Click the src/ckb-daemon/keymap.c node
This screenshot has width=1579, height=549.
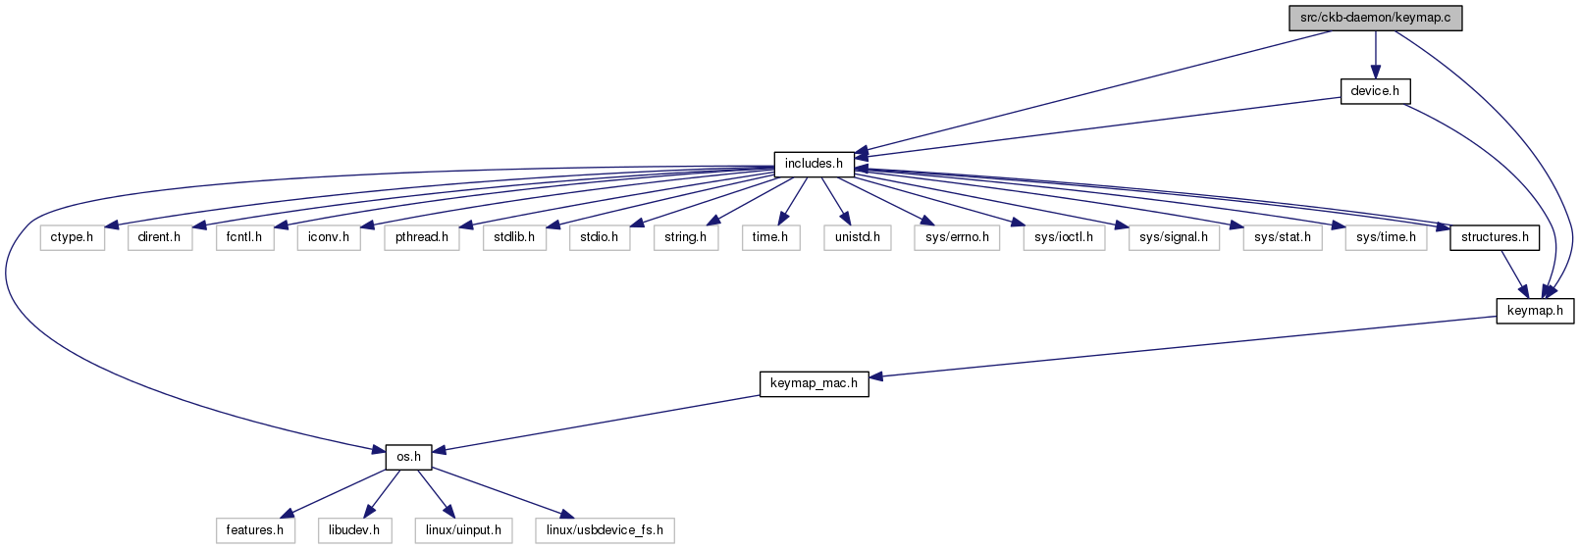tap(1375, 18)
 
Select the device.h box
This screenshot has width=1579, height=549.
tap(1375, 91)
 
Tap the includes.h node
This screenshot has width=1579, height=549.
tap(814, 164)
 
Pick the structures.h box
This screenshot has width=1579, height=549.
tap(1495, 237)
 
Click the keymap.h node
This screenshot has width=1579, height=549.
tap(1535, 311)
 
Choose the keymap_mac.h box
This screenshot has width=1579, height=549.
tap(814, 383)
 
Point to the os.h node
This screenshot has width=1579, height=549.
tap(408, 457)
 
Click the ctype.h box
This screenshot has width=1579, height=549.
tap(72, 237)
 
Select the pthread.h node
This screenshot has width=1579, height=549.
tap(422, 237)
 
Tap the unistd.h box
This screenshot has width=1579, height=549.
tap(857, 237)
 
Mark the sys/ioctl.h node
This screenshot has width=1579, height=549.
tap(1064, 237)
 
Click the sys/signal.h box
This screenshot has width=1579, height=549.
tap(1174, 237)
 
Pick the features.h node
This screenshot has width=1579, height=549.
tap(254, 530)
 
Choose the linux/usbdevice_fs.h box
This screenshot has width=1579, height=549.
tap(605, 530)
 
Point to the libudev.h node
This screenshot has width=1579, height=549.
tap(354, 530)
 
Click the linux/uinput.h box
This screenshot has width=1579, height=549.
tap(463, 530)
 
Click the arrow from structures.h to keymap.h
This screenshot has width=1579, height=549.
tap(1514, 274)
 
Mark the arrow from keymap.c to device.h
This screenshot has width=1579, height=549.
tap(1375, 54)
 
